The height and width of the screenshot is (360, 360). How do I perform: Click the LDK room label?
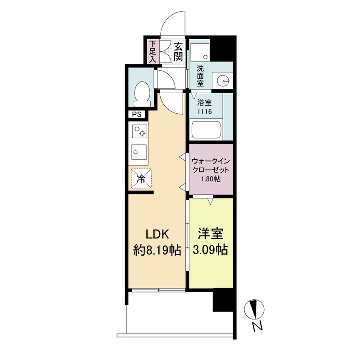(x=157, y=235)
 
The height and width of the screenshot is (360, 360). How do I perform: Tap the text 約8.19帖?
(x=157, y=250)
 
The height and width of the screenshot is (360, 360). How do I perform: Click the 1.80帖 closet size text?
(x=211, y=179)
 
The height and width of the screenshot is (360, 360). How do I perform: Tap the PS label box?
(x=137, y=114)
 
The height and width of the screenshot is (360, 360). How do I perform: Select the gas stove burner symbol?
(x=139, y=131)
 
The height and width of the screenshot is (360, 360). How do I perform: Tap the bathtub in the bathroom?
(x=206, y=130)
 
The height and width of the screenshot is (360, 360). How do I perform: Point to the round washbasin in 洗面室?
(x=223, y=81)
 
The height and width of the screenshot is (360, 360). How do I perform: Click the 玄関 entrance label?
(x=178, y=51)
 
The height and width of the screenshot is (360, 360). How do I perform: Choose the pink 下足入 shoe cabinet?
(x=152, y=51)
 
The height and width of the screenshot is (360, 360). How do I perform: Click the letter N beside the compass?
(x=257, y=327)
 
